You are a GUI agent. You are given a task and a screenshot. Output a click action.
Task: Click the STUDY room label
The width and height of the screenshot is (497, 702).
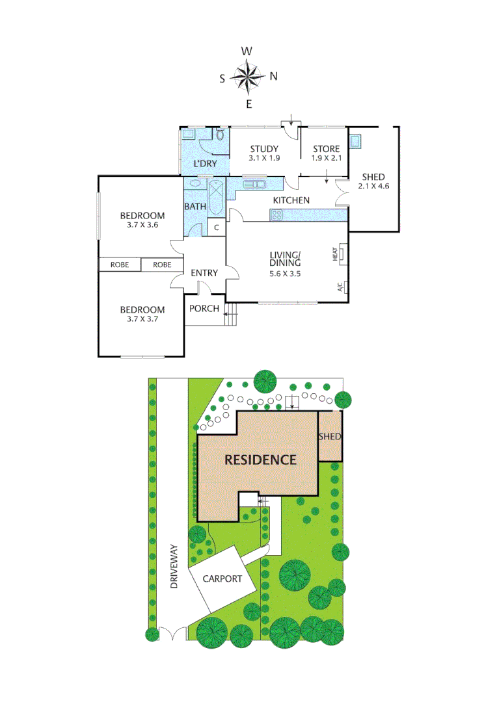point(264,149)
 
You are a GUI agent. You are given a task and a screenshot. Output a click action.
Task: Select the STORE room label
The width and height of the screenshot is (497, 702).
point(326,149)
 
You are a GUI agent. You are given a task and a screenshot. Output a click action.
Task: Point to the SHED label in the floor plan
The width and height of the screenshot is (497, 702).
point(371,177)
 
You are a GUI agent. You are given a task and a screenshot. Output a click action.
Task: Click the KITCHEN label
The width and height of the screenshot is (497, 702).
point(291,200)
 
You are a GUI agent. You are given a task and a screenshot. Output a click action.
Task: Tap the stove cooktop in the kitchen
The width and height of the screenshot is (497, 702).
point(277,215)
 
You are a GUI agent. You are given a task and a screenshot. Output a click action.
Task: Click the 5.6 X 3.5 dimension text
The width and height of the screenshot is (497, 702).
point(286,273)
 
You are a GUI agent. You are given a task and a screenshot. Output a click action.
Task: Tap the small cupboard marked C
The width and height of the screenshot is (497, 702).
point(217,228)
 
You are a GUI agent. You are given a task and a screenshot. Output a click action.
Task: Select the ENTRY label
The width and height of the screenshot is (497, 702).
point(204,273)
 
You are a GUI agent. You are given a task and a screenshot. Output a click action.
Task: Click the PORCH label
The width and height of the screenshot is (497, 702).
point(204,308)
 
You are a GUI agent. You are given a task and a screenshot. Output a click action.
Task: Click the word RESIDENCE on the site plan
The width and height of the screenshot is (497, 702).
point(260,460)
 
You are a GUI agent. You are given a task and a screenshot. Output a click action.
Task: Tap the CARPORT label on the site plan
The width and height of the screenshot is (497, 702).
point(222,578)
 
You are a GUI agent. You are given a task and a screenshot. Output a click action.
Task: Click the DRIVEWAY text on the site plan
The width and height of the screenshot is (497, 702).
point(174,566)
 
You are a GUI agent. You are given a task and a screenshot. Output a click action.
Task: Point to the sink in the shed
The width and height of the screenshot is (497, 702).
point(356,140)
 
